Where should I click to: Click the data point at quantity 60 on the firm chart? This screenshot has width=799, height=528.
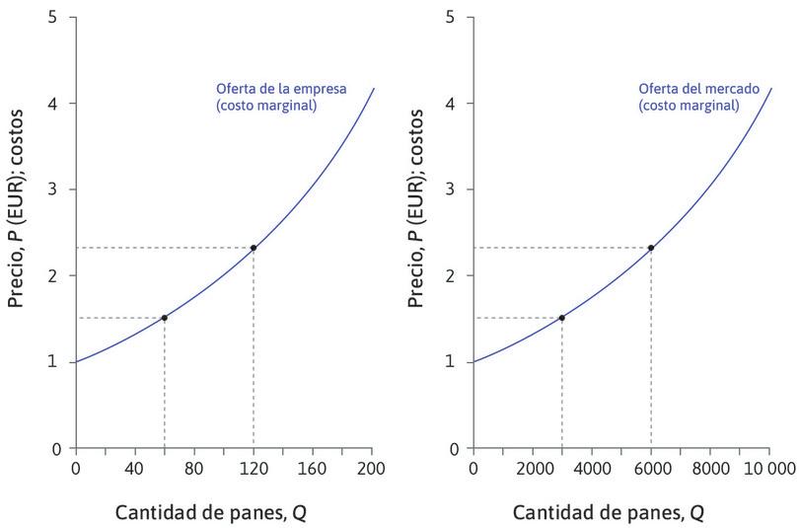[164, 318]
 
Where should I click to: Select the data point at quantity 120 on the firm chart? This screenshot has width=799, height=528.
[254, 248]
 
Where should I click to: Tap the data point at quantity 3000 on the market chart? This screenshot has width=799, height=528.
[561, 318]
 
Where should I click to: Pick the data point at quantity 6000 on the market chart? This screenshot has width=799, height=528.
[651, 248]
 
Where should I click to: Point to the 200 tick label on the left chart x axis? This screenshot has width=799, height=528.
[373, 468]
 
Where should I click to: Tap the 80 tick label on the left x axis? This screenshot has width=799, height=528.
[193, 468]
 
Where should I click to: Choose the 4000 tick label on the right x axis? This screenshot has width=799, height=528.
[592, 468]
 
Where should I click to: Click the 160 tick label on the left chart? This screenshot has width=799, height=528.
[313, 468]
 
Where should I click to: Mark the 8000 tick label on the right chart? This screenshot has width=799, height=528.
[710, 468]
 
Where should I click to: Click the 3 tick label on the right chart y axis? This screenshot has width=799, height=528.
[450, 189]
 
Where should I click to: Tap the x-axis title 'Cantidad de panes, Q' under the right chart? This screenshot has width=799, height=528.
[609, 513]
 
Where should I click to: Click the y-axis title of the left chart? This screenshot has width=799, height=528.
[16, 233]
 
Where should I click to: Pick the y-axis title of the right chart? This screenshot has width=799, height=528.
[414, 233]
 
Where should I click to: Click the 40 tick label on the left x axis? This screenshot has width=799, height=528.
[134, 468]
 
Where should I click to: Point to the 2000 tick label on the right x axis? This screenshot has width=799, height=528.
[533, 468]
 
